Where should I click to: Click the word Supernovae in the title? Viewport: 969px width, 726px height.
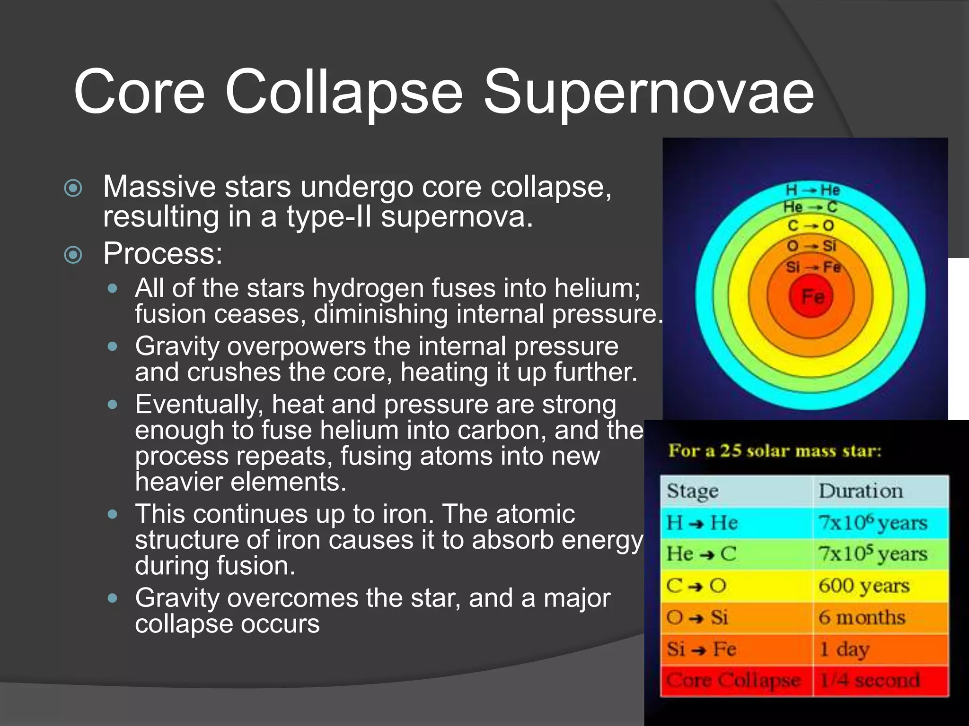click(x=648, y=92)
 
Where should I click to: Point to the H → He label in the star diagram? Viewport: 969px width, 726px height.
click(x=812, y=190)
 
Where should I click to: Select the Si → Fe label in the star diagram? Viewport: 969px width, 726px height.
click(x=812, y=267)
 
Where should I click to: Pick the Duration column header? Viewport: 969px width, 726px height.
click(x=861, y=491)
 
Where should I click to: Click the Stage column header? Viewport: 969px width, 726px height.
click(x=692, y=491)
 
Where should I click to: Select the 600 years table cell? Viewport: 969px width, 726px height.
click(x=864, y=586)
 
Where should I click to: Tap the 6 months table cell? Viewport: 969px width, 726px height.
click(x=862, y=617)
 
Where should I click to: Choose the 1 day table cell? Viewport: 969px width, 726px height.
click(x=844, y=649)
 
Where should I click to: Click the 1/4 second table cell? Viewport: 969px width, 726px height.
click(x=870, y=681)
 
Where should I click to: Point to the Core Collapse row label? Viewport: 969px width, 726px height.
click(x=733, y=681)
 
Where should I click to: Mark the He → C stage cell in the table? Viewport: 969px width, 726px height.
click(x=702, y=554)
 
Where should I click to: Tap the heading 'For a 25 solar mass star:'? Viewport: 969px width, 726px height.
click(x=775, y=450)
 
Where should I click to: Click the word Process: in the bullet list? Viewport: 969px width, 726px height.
click(x=163, y=254)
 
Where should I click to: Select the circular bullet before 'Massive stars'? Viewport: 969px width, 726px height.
click(x=73, y=188)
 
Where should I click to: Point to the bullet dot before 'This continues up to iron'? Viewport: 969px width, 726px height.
click(x=112, y=514)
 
